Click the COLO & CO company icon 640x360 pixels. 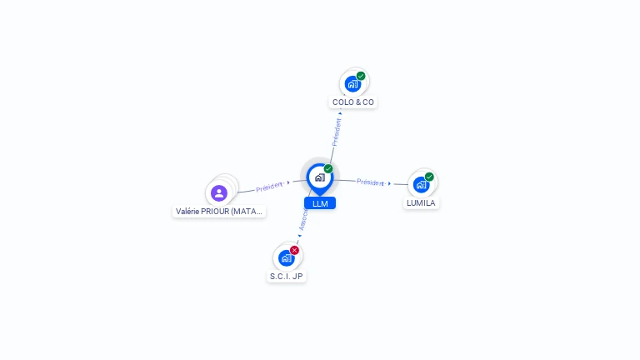[352, 83]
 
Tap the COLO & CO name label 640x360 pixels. [353, 102]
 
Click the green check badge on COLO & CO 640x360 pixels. [361, 76]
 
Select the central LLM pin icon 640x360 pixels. [319, 177]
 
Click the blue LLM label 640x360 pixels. [320, 203]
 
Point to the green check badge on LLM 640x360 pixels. [328, 168]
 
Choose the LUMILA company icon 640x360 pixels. [421, 184]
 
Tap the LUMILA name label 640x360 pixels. [421, 203]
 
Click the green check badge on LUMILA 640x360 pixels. [429, 177]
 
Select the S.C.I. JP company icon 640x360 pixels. [286, 257]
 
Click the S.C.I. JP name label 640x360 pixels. [287, 276]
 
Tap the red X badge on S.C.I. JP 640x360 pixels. [294, 250]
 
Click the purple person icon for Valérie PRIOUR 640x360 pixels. [219, 192]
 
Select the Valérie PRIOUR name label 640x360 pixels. [220, 212]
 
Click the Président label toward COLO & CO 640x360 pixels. [337, 132]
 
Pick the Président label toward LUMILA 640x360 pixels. [370, 182]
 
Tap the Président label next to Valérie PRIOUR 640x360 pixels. [269, 187]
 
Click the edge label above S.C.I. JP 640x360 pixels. [304, 218]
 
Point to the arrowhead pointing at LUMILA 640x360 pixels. [389, 183]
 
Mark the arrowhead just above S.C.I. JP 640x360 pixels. [299, 236]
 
